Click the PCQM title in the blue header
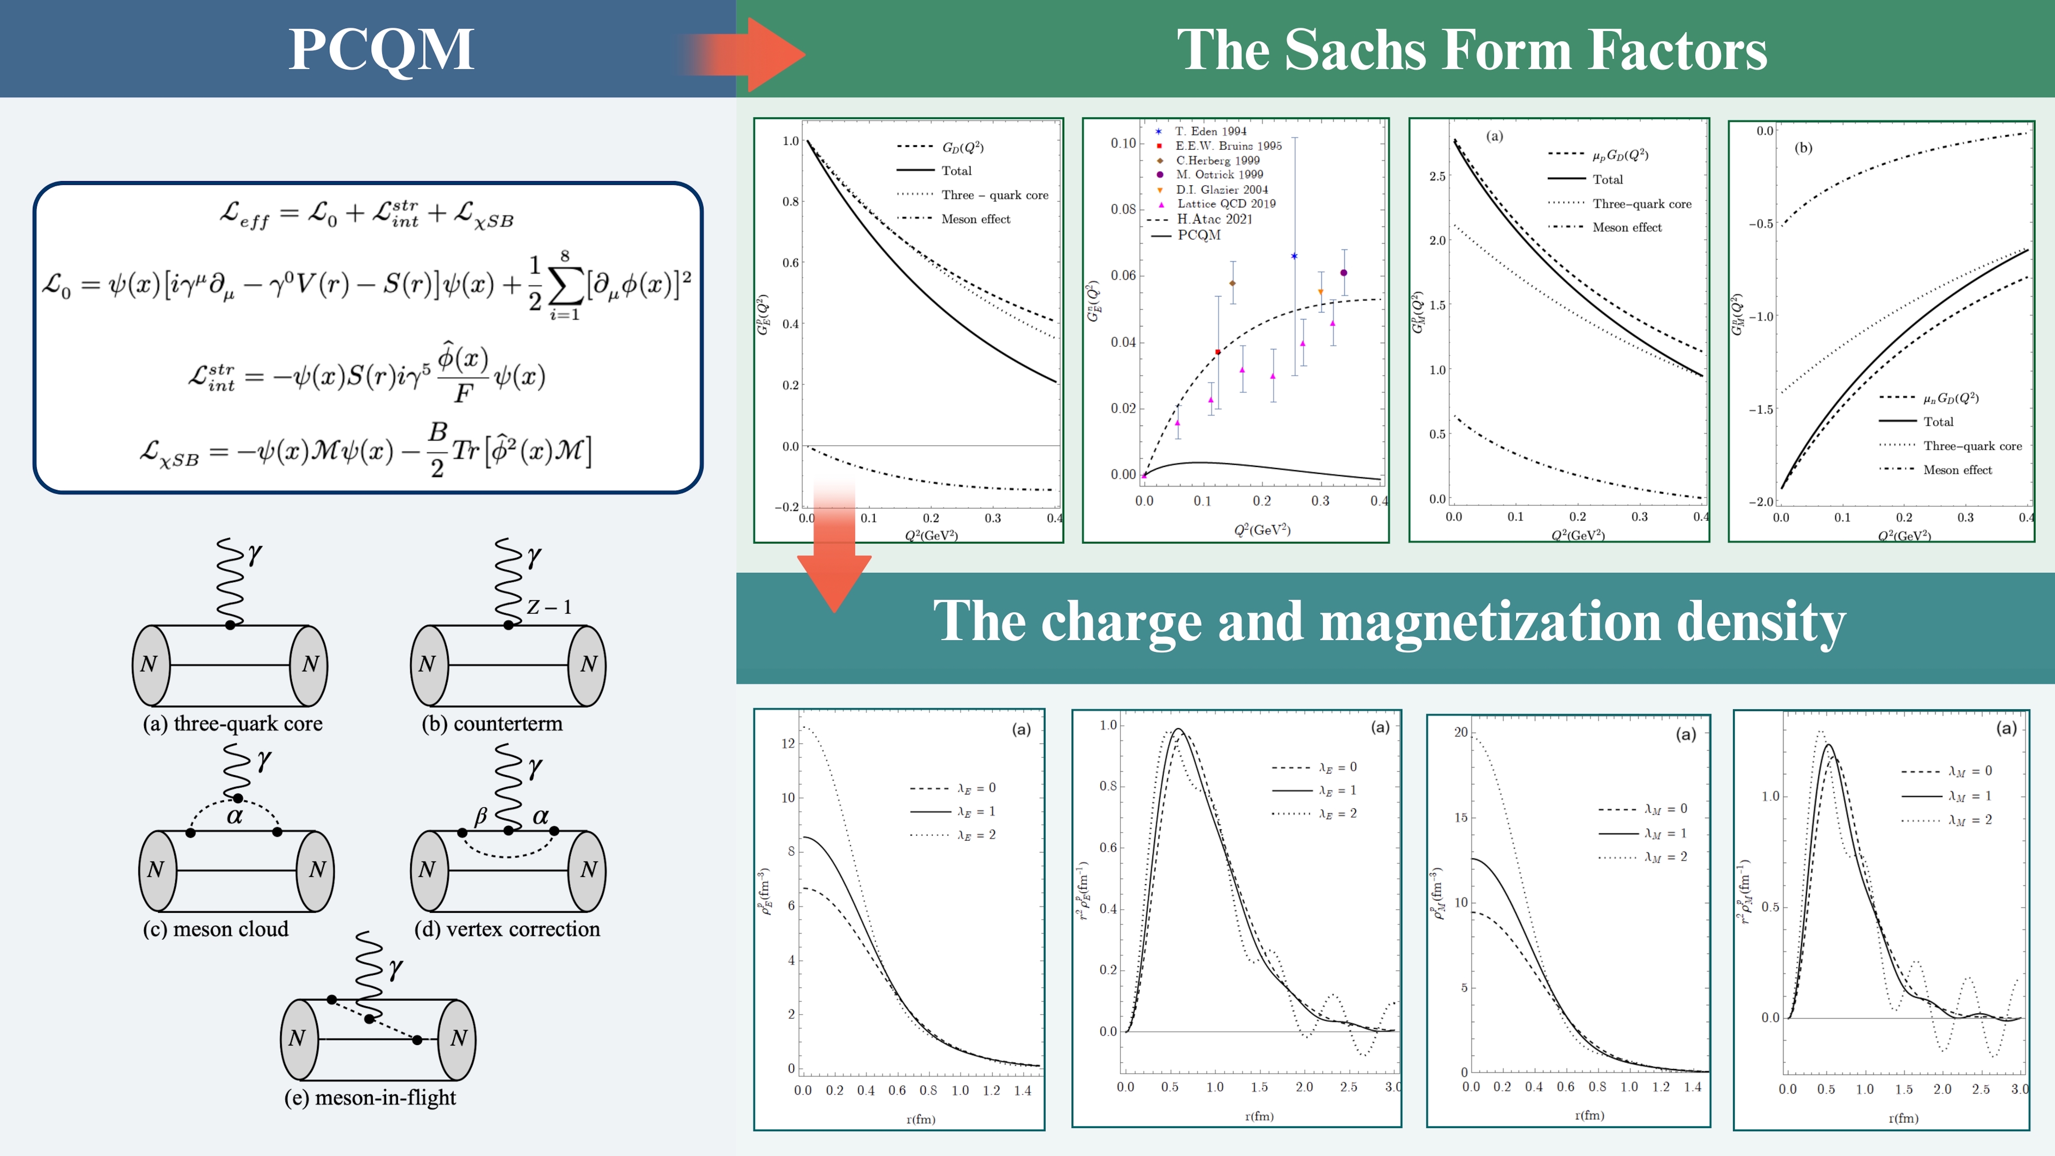pos(381,50)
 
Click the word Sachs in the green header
pos(1356,50)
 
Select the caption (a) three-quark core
pos(232,723)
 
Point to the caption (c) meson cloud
pos(216,929)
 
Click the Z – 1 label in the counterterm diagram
pos(549,607)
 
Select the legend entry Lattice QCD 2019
pos(1225,203)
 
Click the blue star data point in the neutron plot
pos(1294,256)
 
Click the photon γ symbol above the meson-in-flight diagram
pos(396,969)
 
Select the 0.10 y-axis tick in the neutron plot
pos(1123,144)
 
